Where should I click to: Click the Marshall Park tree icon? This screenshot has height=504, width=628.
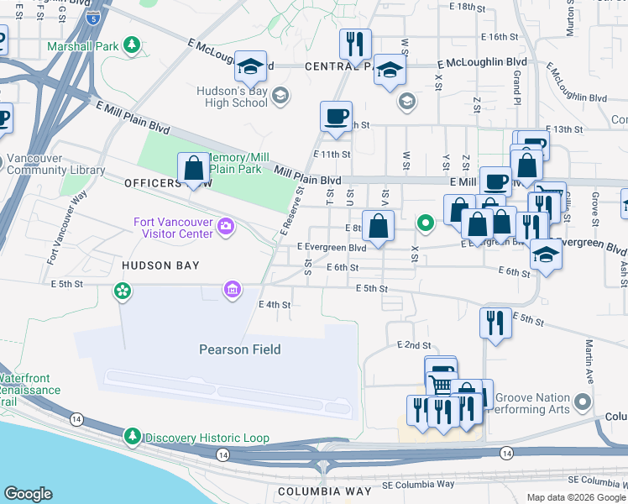click(x=132, y=44)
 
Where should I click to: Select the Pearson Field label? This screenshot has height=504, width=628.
click(x=239, y=349)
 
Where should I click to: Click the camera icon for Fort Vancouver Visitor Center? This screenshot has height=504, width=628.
click(x=225, y=226)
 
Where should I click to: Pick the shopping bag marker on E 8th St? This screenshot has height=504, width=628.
click(x=379, y=225)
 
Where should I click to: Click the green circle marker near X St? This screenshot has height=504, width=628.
click(x=426, y=223)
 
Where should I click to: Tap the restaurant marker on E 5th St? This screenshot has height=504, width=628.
click(x=495, y=322)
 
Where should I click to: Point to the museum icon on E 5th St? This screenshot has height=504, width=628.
click(x=232, y=290)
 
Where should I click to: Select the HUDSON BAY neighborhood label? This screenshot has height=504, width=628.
click(x=160, y=265)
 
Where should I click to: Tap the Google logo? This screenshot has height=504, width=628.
click(x=28, y=494)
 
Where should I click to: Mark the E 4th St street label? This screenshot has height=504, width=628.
click(x=275, y=305)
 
